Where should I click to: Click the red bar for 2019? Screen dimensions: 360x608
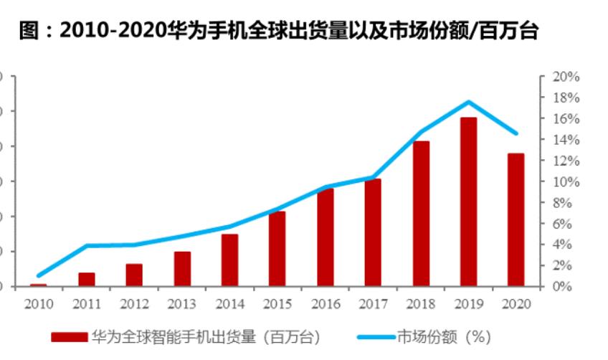click(468, 202)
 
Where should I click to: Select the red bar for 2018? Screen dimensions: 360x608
click(421, 214)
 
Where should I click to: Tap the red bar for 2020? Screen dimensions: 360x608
click(516, 219)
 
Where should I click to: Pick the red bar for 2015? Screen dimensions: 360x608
click(277, 249)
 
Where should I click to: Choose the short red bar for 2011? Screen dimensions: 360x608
click(87, 280)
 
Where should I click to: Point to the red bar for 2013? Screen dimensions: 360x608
click(182, 269)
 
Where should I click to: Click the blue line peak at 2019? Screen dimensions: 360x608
click(468, 102)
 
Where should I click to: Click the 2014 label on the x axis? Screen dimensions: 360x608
click(229, 303)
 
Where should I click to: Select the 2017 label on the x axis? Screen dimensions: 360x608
click(373, 303)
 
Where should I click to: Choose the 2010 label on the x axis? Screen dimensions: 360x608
click(39, 303)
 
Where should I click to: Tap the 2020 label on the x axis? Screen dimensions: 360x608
click(516, 303)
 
